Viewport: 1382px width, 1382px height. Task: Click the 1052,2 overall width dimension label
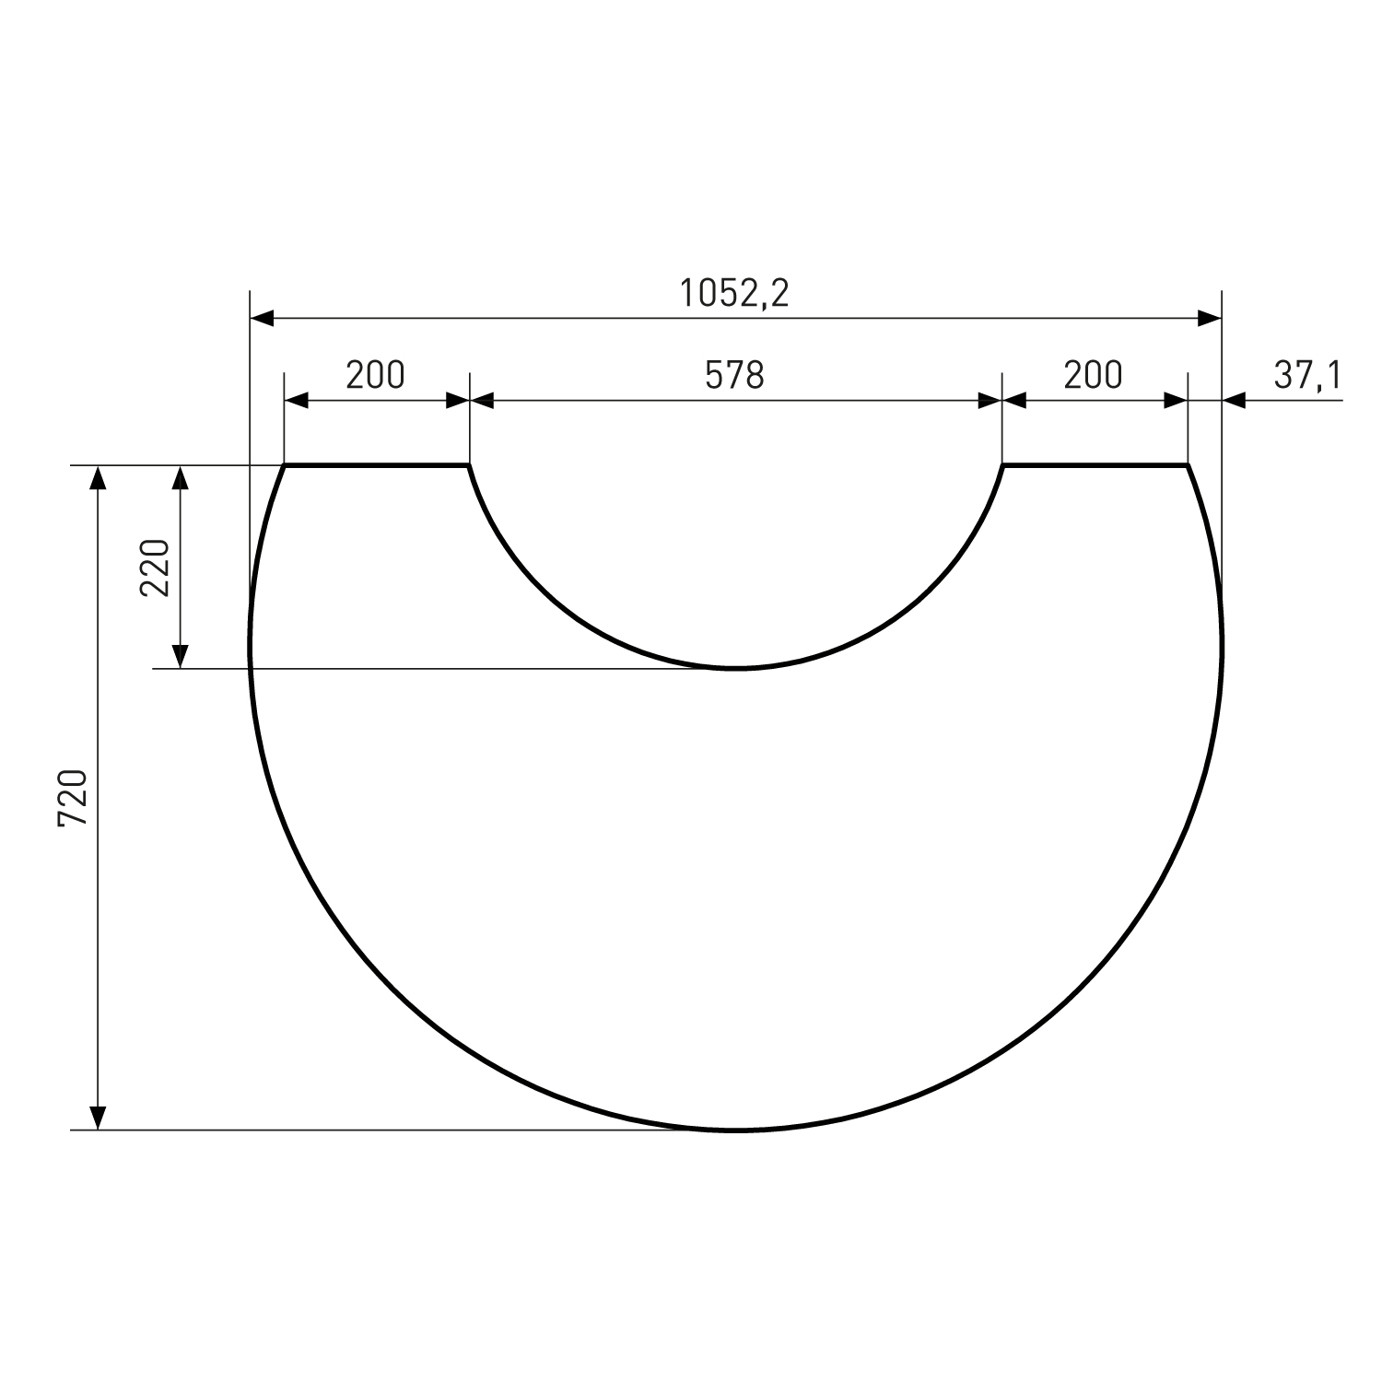734,293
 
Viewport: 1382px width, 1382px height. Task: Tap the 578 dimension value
735,375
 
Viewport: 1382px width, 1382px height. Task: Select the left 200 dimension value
375,375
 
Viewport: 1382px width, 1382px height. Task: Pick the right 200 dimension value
1094,375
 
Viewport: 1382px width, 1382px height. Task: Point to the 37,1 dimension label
1308,375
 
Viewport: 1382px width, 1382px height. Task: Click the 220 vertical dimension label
156,567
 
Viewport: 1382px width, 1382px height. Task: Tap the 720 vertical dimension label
73,797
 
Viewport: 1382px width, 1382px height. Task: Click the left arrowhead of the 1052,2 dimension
263,319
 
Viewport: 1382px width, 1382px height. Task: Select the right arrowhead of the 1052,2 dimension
1209,319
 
